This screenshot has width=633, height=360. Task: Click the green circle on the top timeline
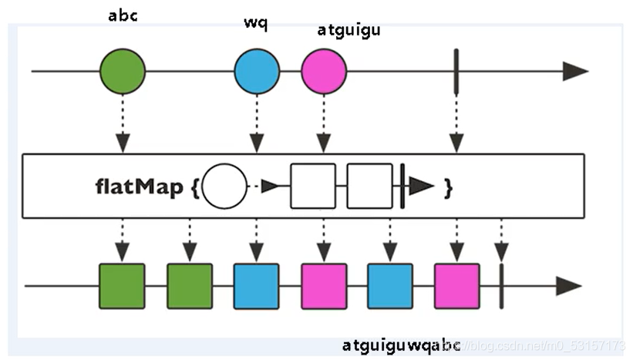(x=122, y=71)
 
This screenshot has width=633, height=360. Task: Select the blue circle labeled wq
(x=257, y=71)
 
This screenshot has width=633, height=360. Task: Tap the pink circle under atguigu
(x=324, y=71)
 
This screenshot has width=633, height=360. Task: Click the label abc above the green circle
(x=122, y=15)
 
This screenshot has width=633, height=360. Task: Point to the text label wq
(x=255, y=22)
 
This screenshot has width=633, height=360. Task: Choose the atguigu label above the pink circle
(x=348, y=31)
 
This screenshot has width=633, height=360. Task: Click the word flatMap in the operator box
(x=139, y=187)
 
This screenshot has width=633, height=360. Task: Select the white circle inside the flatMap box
(x=224, y=187)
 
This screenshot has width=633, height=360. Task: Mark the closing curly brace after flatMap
(x=447, y=187)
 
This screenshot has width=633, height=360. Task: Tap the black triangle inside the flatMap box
(x=421, y=187)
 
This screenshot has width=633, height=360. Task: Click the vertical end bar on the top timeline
(x=456, y=71)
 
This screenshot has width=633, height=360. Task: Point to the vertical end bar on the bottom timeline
(x=501, y=286)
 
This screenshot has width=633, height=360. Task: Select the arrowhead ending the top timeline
(x=574, y=71)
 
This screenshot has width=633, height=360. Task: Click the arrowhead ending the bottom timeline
(x=568, y=286)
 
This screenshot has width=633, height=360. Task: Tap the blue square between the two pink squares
(x=389, y=286)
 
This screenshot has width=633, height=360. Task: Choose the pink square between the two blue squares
(x=323, y=286)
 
